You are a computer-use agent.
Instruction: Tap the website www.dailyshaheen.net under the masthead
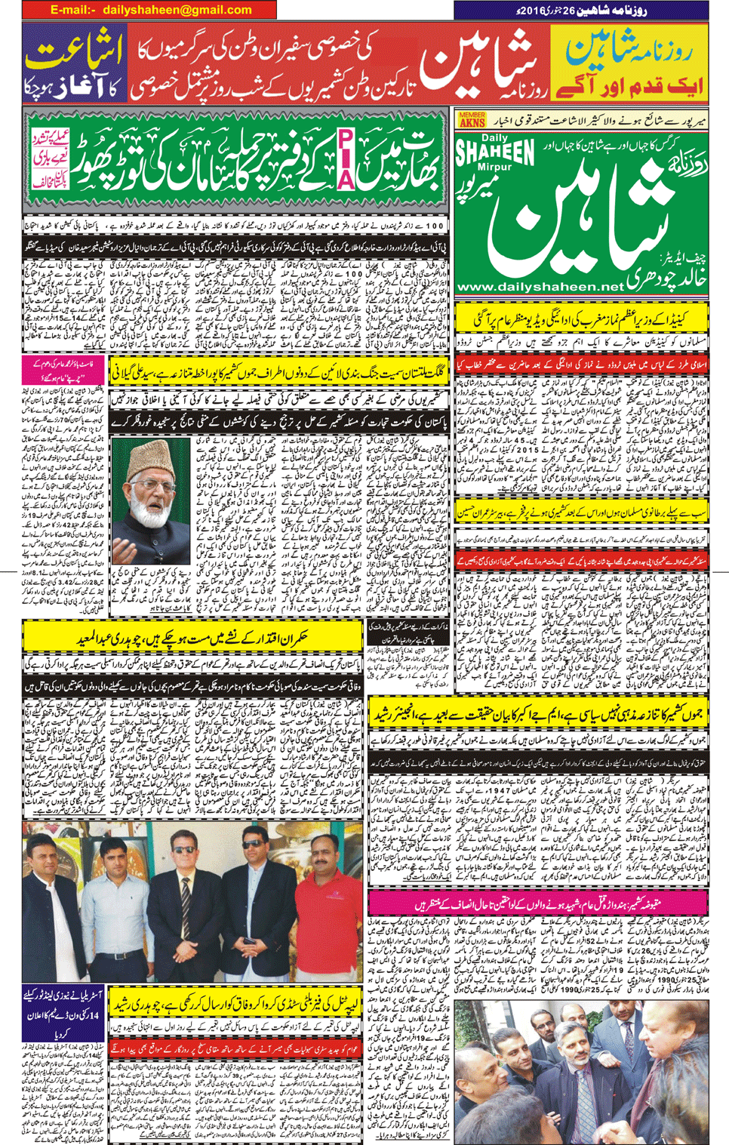(x=540, y=287)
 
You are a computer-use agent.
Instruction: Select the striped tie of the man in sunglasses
(x=186, y=910)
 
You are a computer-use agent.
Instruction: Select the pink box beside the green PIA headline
(x=51, y=159)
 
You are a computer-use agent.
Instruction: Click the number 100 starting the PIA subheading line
(x=432, y=226)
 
